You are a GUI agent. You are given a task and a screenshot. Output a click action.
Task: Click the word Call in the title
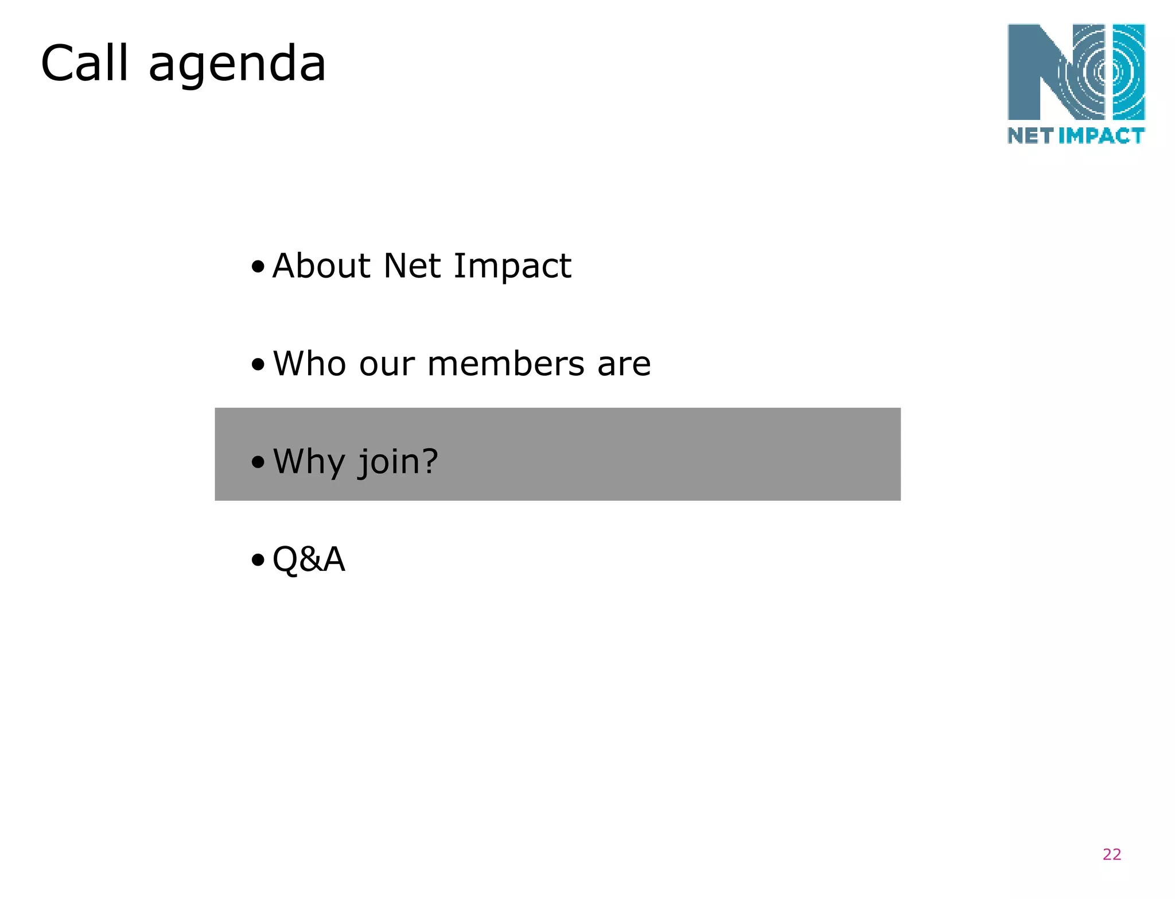[x=84, y=63]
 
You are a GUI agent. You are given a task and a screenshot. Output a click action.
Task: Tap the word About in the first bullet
[x=321, y=266]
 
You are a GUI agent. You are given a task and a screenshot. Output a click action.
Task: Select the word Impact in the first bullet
[x=512, y=267]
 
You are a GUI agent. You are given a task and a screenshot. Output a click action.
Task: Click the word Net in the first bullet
[x=412, y=266]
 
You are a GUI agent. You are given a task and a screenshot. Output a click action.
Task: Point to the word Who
[x=310, y=364]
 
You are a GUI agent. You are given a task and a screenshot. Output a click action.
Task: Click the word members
[x=505, y=364]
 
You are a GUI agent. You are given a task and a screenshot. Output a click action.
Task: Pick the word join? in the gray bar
[x=398, y=462]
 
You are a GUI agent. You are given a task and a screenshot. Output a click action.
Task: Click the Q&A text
[x=309, y=559]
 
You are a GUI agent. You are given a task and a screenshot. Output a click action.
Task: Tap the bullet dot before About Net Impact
[x=258, y=267]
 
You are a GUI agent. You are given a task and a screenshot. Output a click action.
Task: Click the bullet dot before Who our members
[x=258, y=364]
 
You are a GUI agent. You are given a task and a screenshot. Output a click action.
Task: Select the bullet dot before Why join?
[x=258, y=462]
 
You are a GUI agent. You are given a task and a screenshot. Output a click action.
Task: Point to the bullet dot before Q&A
[x=258, y=560]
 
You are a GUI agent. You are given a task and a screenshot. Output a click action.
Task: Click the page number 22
[x=1111, y=854]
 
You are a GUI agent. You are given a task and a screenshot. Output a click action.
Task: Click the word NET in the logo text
[x=1030, y=136]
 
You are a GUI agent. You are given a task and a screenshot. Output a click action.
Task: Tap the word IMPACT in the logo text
[x=1101, y=136]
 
